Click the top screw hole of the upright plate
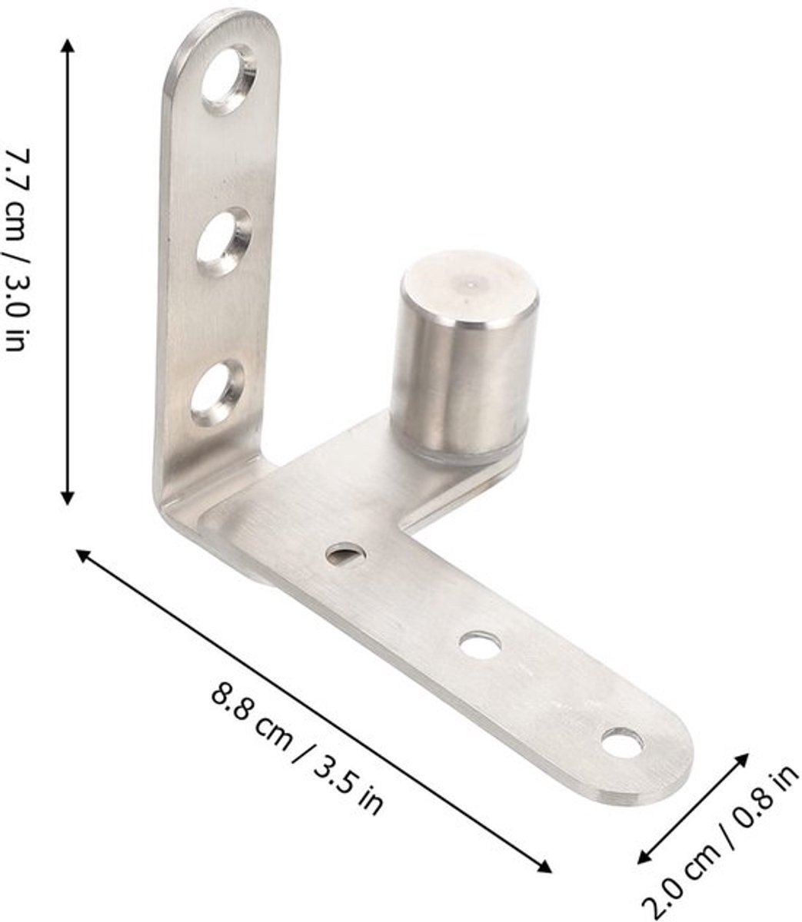tap(228, 79)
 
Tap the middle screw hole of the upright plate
tap(224, 241)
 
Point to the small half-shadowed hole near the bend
tap(347, 554)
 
